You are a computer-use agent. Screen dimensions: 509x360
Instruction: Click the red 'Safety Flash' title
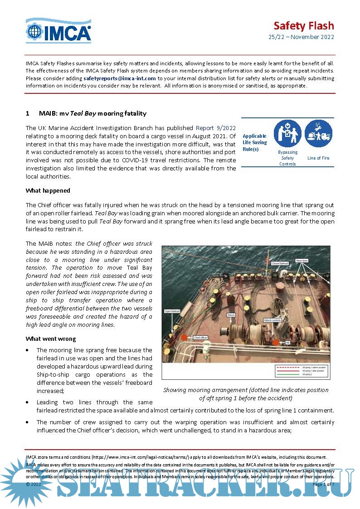pyautogui.click(x=303, y=25)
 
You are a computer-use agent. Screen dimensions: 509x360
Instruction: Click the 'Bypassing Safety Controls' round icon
pyautogui.click(x=287, y=133)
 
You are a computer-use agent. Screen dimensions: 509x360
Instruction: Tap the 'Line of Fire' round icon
pyautogui.click(x=318, y=133)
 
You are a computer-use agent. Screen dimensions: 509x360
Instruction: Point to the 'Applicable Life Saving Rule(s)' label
pyautogui.click(x=255, y=142)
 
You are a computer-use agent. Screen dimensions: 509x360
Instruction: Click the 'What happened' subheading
pyautogui.click(x=48, y=190)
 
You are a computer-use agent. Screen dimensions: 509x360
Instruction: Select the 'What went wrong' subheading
pyautogui.click(x=50, y=339)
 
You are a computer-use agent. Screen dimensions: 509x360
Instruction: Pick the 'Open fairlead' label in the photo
pyautogui.click(x=173, y=311)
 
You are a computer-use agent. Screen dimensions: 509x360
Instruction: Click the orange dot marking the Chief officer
pyautogui.click(x=184, y=338)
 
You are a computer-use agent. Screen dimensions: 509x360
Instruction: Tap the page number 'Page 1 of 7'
pyautogui.click(x=323, y=485)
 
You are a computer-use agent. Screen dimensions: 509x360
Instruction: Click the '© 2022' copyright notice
pyautogui.click(x=34, y=485)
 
